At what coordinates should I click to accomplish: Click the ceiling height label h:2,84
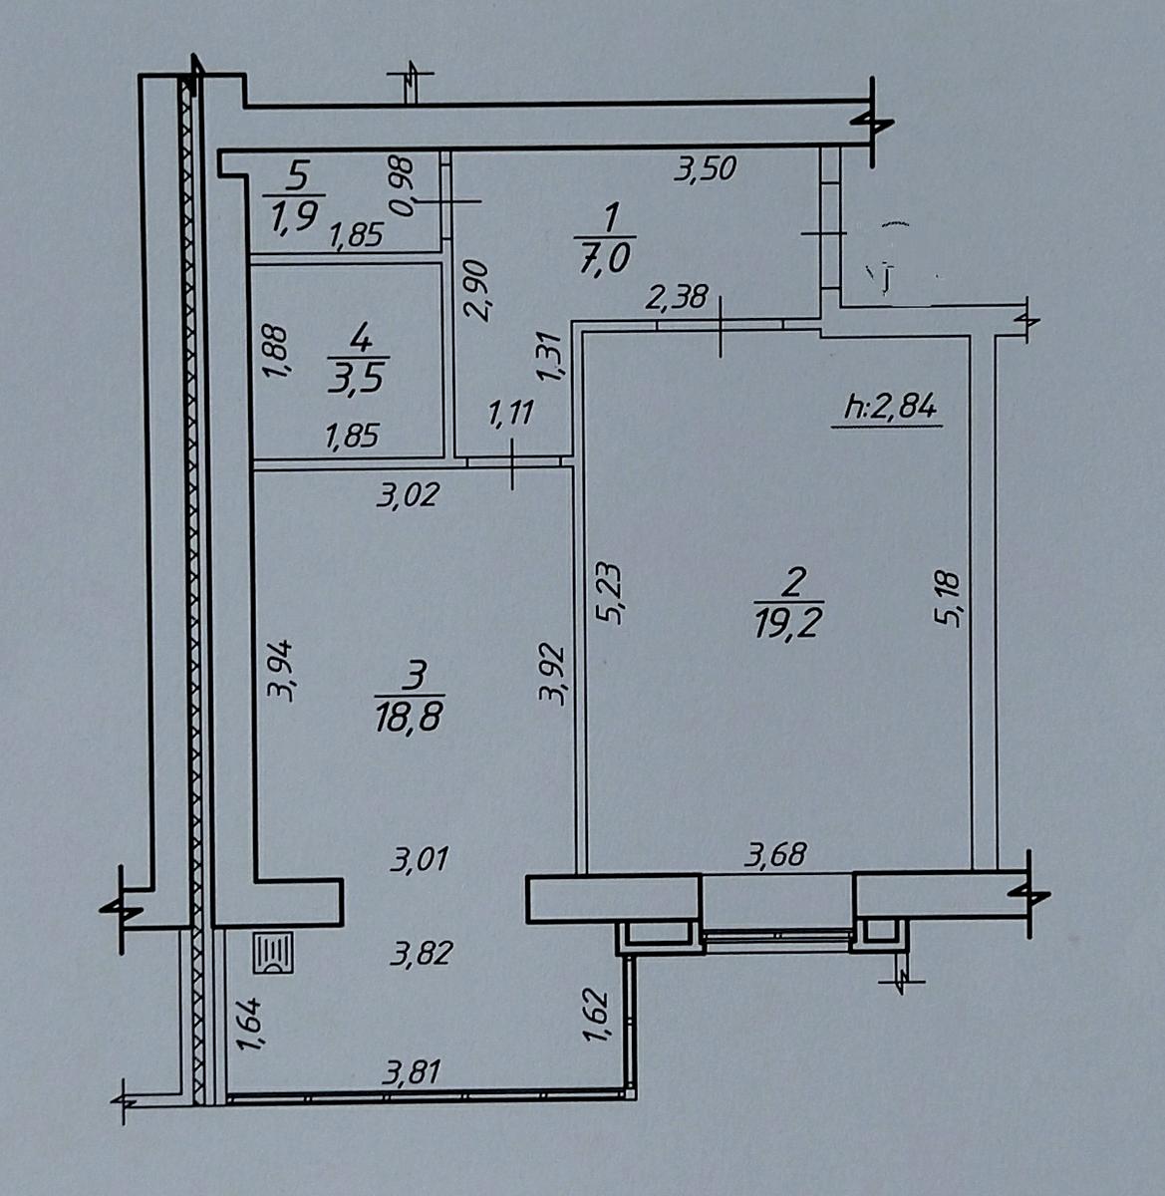tap(891, 407)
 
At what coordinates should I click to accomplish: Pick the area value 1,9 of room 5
tap(294, 215)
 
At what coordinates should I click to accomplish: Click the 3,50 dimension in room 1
tap(705, 169)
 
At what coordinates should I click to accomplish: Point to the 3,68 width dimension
tap(774, 854)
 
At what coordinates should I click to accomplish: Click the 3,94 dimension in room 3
tap(280, 671)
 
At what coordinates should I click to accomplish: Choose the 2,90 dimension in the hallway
tap(476, 290)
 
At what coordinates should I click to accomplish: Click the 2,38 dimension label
tap(676, 297)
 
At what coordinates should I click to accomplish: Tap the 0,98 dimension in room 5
tap(404, 186)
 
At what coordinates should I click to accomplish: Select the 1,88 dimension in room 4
tap(274, 352)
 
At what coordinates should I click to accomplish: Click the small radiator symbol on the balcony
tap(274, 952)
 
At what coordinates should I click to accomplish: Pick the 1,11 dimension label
tap(511, 413)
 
